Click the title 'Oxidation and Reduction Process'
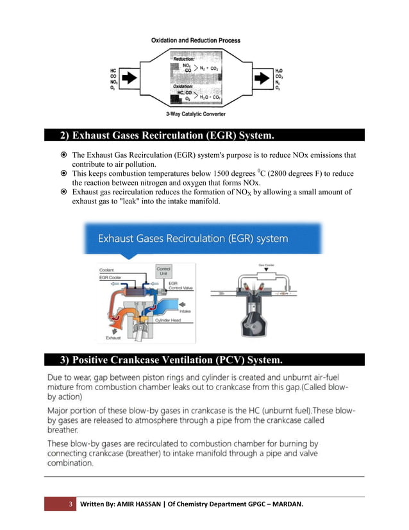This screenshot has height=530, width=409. (x=196, y=40)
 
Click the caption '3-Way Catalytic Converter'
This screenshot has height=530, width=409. (x=196, y=116)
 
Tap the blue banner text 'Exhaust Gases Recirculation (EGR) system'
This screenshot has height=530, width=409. (x=193, y=239)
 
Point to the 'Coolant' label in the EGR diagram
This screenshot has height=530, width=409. (x=107, y=269)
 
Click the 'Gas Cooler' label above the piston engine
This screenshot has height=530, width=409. (x=267, y=264)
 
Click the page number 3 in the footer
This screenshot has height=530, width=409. (x=71, y=504)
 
